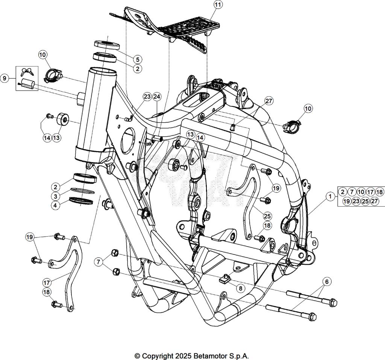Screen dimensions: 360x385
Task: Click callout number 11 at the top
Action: coord(218,5)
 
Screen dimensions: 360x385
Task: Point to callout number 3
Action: coord(55,196)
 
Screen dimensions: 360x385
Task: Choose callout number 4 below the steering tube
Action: coord(55,206)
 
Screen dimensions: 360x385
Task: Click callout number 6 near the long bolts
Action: coord(326,281)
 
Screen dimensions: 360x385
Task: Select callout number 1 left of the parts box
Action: coord(330,196)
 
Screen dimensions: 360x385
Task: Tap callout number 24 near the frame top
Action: coord(156,97)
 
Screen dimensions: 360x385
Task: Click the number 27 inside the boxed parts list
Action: coord(374,201)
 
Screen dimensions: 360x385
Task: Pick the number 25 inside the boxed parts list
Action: coord(365,201)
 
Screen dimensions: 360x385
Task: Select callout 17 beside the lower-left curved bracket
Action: coord(47,282)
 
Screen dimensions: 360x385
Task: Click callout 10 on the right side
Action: coord(308,109)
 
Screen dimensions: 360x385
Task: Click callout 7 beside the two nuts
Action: coord(99,262)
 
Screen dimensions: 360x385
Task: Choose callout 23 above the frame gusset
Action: coord(147,97)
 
